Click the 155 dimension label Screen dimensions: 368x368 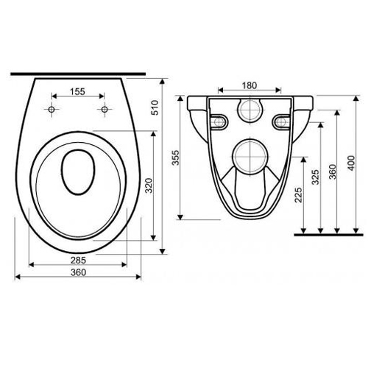77,91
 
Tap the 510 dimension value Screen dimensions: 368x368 155,107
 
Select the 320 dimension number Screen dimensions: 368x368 149,185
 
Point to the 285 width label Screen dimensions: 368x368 78,260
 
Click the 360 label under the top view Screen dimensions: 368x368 78,272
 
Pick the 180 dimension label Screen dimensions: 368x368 250,85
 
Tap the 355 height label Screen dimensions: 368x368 176,158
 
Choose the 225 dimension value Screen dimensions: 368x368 298,195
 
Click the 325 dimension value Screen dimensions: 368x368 316,177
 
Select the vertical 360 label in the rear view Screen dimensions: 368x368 333,171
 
